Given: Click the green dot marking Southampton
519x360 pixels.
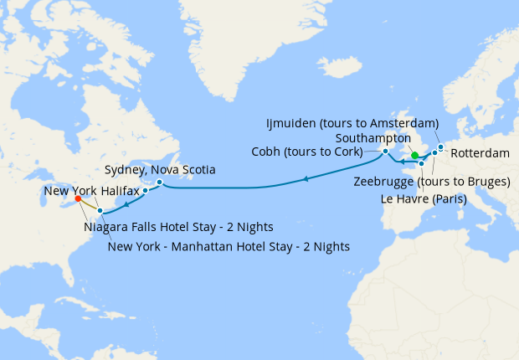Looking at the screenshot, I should (x=414, y=155).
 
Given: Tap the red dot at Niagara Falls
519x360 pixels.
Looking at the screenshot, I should (x=77, y=199).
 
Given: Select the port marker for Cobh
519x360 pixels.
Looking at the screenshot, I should (x=385, y=152).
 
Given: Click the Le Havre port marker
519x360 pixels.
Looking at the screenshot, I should (x=421, y=164).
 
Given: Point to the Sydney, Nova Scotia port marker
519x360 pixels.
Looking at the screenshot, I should (x=159, y=182).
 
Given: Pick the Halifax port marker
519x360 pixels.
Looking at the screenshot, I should (x=145, y=191).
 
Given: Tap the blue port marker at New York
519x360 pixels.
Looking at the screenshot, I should (x=100, y=210).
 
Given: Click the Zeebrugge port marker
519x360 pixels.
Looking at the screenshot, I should (x=434, y=153).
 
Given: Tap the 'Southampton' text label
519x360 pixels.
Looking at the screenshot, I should (x=373, y=137).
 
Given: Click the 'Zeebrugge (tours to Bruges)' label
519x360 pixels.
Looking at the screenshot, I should (x=432, y=182).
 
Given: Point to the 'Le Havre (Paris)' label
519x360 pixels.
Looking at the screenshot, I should (x=422, y=199).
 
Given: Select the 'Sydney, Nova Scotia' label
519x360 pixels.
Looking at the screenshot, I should (x=160, y=169).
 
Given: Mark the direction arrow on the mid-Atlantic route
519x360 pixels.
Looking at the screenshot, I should (x=306, y=178).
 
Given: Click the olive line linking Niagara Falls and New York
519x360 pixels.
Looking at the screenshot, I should (x=89, y=205).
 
